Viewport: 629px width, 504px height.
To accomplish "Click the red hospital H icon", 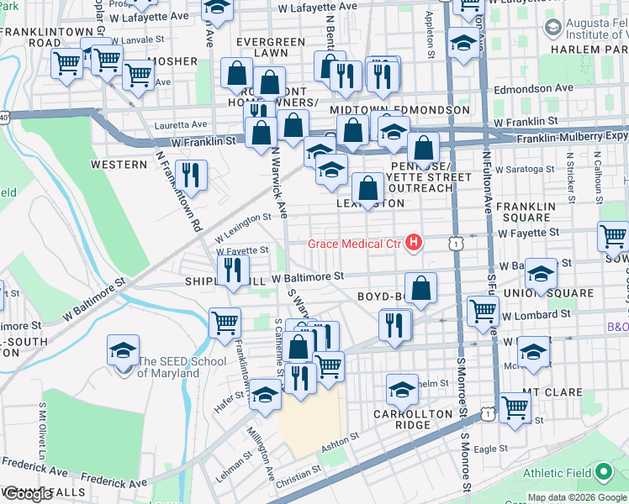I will [413, 244].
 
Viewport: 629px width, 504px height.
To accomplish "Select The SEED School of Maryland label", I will [182, 367].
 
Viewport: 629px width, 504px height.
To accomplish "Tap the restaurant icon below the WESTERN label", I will [192, 176].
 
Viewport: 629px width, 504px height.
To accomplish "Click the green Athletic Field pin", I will [603, 473].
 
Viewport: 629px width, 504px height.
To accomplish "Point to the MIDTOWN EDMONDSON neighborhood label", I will [388, 110].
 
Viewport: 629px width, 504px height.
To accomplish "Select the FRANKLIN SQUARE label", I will [526, 212].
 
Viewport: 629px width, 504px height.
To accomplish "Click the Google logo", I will [27, 494].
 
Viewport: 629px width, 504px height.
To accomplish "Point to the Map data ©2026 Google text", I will [578, 498].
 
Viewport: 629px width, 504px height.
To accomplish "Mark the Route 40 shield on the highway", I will [5, 118].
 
